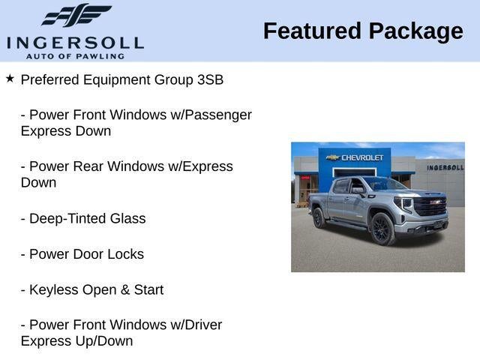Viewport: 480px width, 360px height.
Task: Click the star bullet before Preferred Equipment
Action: coord(10,78)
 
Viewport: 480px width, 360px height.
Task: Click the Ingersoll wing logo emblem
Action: coord(76,16)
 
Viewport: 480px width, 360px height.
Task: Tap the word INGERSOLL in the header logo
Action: coord(75,42)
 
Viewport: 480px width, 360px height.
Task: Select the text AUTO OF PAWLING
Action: coord(75,55)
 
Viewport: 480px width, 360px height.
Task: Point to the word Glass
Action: coord(127,219)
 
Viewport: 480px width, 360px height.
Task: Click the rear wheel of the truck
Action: coord(319,218)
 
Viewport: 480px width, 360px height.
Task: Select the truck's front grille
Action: coord(430,206)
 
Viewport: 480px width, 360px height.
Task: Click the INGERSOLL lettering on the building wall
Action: coord(445,167)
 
